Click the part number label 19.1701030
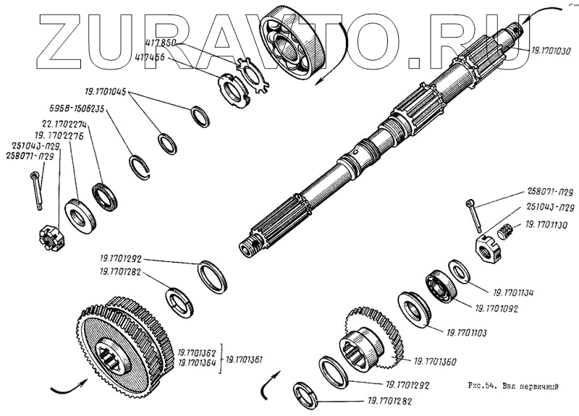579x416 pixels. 551,51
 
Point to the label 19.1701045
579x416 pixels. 105,92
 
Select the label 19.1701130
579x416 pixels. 546,225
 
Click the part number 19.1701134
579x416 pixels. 513,293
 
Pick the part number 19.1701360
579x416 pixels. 434,360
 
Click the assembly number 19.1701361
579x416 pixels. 247,359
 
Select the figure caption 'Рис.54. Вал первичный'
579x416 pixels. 510,387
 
